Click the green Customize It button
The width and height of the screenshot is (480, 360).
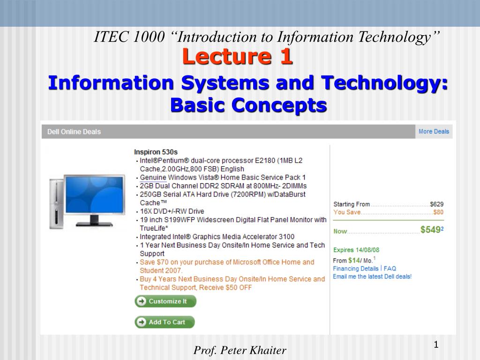click(165, 301)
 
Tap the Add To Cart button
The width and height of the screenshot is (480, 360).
click(165, 322)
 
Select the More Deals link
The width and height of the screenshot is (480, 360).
click(434, 131)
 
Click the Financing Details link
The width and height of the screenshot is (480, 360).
click(356, 269)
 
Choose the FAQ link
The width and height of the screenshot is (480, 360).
click(390, 269)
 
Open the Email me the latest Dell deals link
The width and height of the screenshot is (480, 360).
click(372, 277)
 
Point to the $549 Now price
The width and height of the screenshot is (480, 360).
click(431, 230)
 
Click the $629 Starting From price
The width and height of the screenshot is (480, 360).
click(436, 204)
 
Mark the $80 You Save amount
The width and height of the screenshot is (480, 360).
click(438, 212)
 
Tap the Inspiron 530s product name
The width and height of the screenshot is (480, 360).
click(156, 152)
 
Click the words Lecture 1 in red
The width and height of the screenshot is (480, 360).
click(238, 57)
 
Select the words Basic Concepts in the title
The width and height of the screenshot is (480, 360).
click(248, 105)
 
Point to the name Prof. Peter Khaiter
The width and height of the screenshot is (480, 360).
click(240, 350)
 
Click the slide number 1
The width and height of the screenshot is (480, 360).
click(436, 345)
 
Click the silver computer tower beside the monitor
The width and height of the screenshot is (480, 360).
click(56, 204)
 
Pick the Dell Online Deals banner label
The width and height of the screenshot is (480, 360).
click(74, 132)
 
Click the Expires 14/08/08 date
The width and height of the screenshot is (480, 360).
click(356, 250)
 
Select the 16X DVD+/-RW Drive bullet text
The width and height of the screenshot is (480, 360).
click(172, 211)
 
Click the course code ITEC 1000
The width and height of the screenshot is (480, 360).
click(129, 37)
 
